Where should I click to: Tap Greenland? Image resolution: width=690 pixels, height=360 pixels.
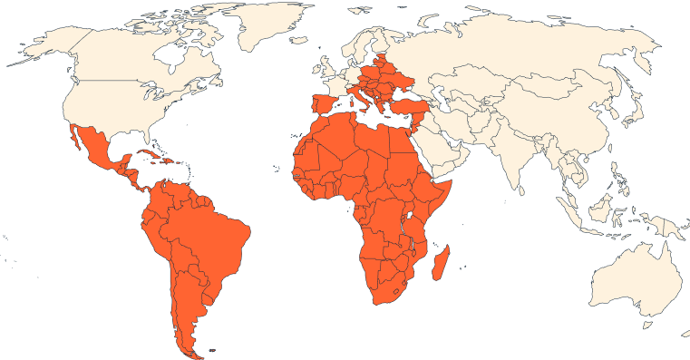[263, 27]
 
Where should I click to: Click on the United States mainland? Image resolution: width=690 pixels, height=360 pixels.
[118, 100]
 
